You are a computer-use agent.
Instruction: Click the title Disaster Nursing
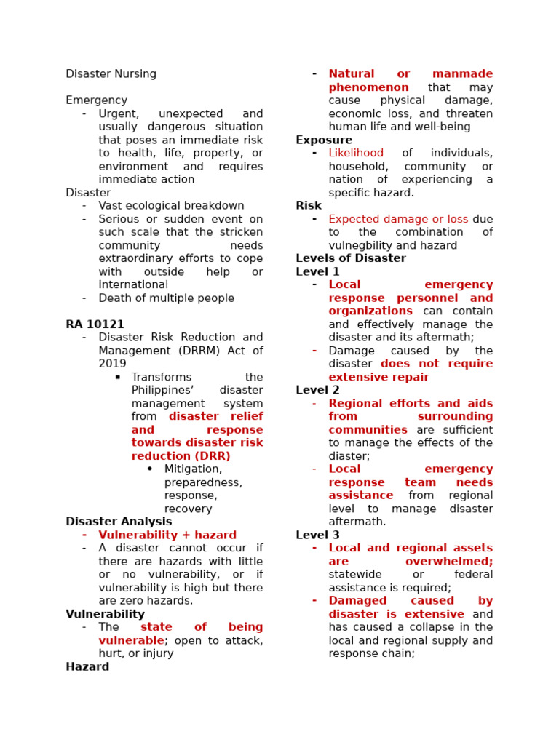(111, 74)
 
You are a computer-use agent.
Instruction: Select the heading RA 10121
(95, 324)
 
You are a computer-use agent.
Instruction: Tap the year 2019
(112, 364)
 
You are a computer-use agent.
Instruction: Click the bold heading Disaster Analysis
(119, 522)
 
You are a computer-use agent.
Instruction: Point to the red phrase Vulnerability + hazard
(167, 535)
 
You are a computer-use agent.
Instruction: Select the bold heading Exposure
(324, 140)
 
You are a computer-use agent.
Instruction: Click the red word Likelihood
(356, 153)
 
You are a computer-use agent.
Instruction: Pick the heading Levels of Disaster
(351, 258)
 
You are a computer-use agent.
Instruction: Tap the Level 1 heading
(317, 271)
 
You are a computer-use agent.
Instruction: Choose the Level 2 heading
(317, 390)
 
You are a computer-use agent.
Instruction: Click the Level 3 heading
(317, 535)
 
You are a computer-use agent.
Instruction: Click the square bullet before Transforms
(117, 377)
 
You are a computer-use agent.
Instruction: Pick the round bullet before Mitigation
(150, 469)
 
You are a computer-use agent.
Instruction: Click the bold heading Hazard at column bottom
(87, 666)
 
